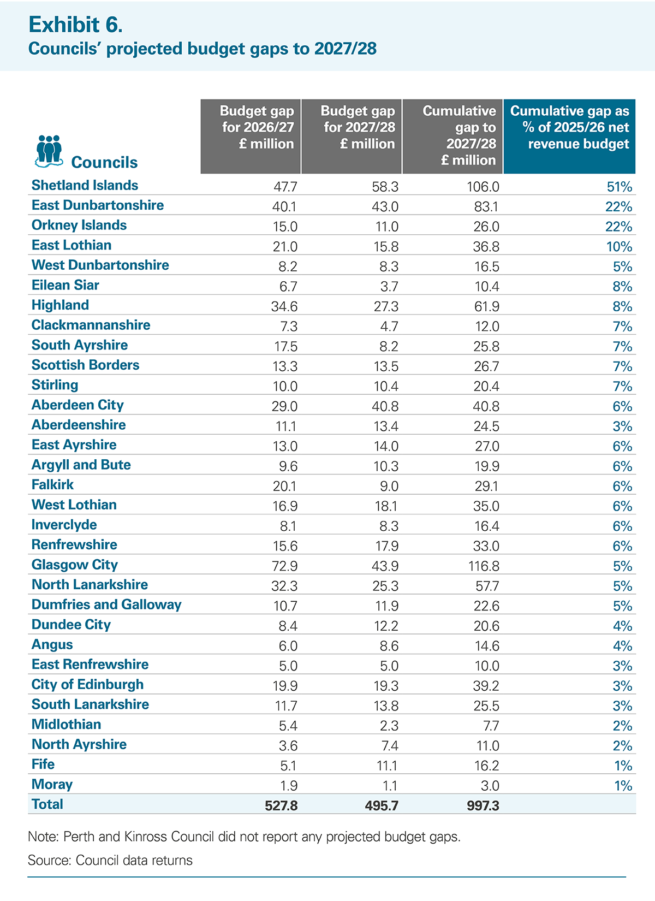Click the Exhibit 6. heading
coord(75,25)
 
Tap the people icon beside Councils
coord(49,151)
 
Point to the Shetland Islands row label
coord(85,185)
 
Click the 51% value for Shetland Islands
coord(619,187)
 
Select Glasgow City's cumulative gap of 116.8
coord(484,566)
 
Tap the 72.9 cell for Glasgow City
coord(285,566)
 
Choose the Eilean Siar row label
coord(65,285)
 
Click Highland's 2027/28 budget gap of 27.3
coord(386,306)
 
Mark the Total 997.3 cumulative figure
coord(483,805)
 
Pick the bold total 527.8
coord(281,805)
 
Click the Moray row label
coord(52,784)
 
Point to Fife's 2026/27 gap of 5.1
coord(288,766)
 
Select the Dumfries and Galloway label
coord(106,604)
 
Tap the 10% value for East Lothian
coord(619,247)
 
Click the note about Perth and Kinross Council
coord(244,837)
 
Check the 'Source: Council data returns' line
coord(110,861)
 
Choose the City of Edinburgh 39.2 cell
coord(486,686)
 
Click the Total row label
coord(47,804)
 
